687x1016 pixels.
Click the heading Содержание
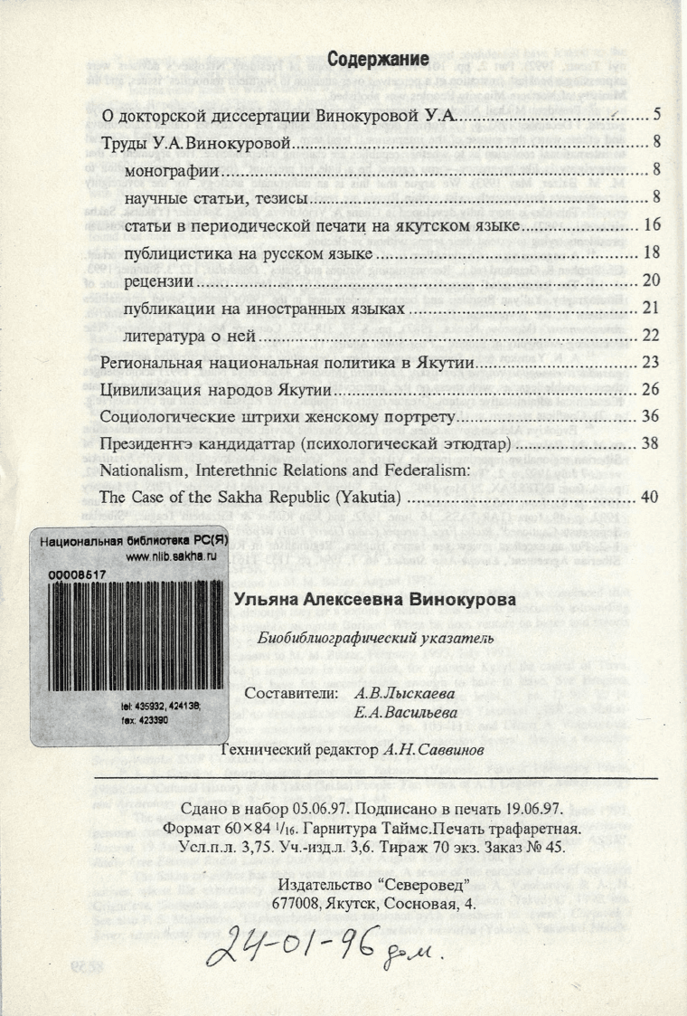[x=378, y=61]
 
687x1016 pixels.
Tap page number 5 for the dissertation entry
[x=658, y=116]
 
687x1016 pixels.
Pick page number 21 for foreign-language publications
[x=655, y=309]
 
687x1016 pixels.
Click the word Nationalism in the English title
[x=146, y=471]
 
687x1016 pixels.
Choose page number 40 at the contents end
[x=655, y=498]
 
